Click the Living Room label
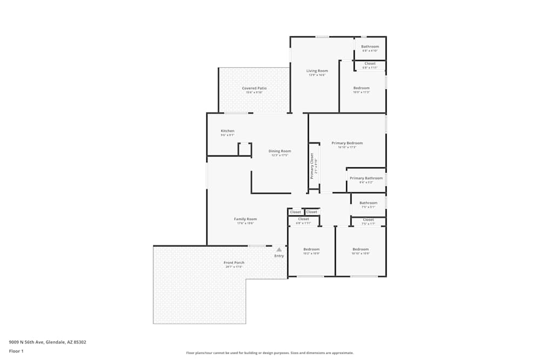click(317, 71)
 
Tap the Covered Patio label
click(254, 88)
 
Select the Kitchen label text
click(227, 131)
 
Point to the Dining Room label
click(280, 151)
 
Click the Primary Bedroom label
click(347, 143)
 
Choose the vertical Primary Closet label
click(312, 166)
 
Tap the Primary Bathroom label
click(366, 178)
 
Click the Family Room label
click(245, 219)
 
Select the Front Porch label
click(234, 263)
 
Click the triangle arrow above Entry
click(279, 250)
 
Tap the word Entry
click(279, 256)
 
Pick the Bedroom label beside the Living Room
click(361, 88)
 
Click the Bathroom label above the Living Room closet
click(370, 46)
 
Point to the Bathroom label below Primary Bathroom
click(368, 203)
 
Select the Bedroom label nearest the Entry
click(311, 249)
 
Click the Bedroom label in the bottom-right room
click(360, 249)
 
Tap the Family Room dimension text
click(245, 223)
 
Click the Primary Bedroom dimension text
click(347, 147)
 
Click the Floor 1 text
click(16, 351)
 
